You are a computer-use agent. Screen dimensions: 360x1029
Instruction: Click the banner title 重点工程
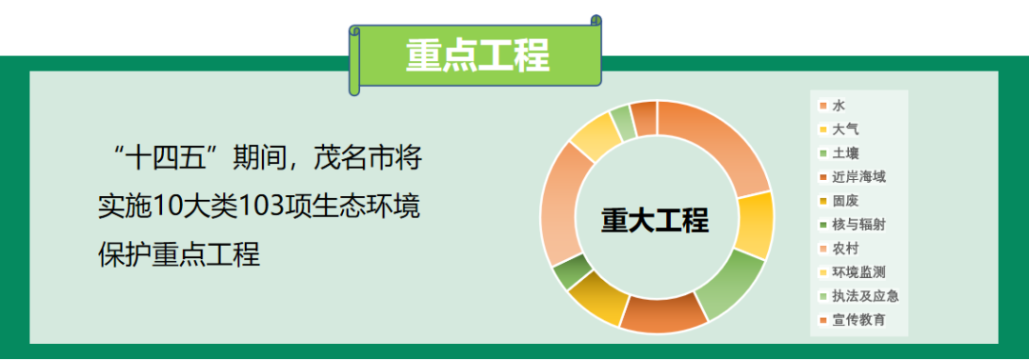(477, 55)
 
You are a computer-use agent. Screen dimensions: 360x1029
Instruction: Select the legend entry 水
(838, 105)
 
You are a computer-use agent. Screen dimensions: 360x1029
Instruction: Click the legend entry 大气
(844, 129)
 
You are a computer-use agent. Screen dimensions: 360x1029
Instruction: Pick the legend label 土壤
(844, 152)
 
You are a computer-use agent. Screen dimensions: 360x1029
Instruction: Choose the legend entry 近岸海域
(857, 176)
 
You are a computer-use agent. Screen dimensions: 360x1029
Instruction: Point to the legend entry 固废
(844, 200)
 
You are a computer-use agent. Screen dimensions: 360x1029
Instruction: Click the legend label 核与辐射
(857, 224)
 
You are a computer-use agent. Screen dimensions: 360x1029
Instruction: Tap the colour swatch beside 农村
(822, 248)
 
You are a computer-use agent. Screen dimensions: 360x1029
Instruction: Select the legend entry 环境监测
(857, 271)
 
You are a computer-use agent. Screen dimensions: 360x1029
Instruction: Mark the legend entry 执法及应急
(864, 295)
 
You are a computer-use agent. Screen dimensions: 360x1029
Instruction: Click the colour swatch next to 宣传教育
(822, 319)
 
